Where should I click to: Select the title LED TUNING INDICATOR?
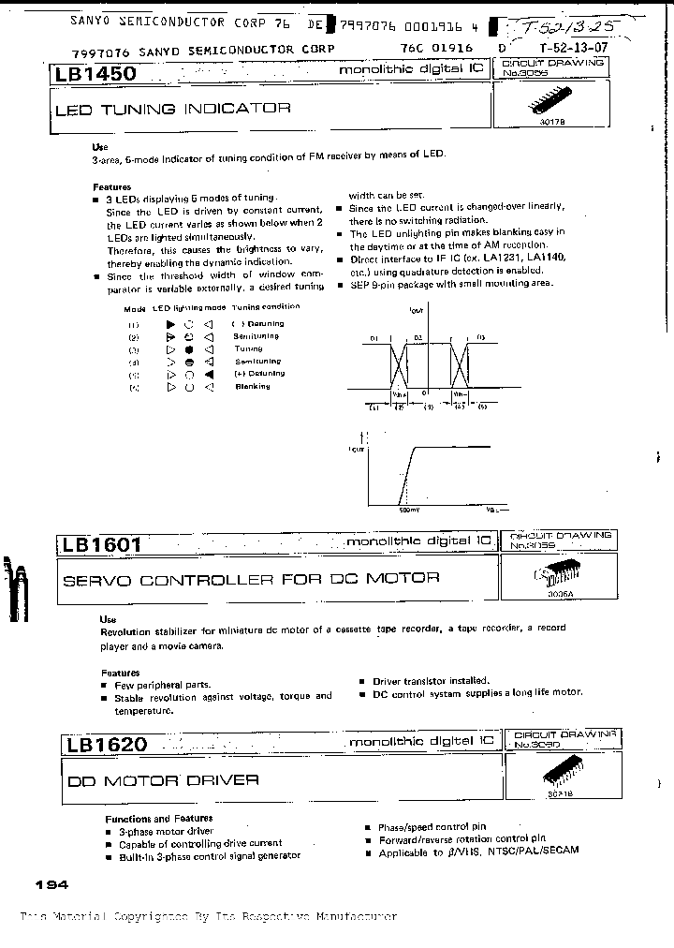tap(173, 109)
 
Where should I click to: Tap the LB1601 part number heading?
tap(102, 544)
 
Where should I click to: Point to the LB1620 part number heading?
tap(107, 745)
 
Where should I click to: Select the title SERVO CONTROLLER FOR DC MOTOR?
tap(250, 579)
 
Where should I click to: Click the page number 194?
tap(51, 885)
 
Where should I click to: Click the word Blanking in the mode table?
tap(252, 386)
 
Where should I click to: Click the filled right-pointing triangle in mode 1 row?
tap(171, 323)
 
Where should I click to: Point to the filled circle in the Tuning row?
tap(189, 348)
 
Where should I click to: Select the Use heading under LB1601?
tap(108, 619)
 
